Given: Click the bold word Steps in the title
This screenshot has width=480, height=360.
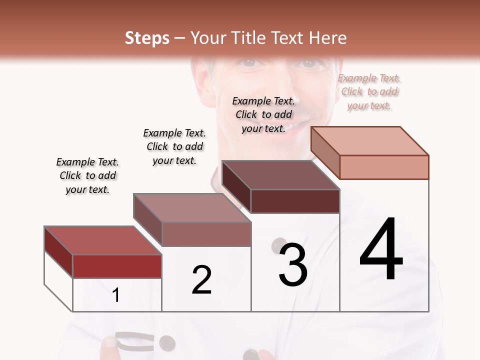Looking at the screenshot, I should click(147, 38).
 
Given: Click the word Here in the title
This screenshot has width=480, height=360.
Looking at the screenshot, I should click(328, 38).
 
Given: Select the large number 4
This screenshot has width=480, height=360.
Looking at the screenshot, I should click(381, 250).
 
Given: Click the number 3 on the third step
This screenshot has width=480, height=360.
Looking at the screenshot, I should click(293, 265).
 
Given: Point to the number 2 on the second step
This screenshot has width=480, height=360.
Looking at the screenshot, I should click(202, 280).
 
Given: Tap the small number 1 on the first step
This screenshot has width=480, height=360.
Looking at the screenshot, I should click(116, 295).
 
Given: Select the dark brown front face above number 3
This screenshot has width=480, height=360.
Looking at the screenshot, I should click(295, 201).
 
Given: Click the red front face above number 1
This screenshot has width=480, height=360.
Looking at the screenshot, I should click(117, 266).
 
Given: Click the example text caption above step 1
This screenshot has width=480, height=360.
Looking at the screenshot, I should click(87, 175).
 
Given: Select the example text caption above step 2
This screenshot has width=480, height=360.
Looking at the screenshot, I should click(174, 146).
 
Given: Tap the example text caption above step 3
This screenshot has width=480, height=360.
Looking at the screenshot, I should click(263, 114).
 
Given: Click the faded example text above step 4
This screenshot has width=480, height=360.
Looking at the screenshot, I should click(369, 91).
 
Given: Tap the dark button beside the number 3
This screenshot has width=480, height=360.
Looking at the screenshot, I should click(278, 245).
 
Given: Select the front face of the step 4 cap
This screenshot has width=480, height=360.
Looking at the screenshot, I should click(384, 167).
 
